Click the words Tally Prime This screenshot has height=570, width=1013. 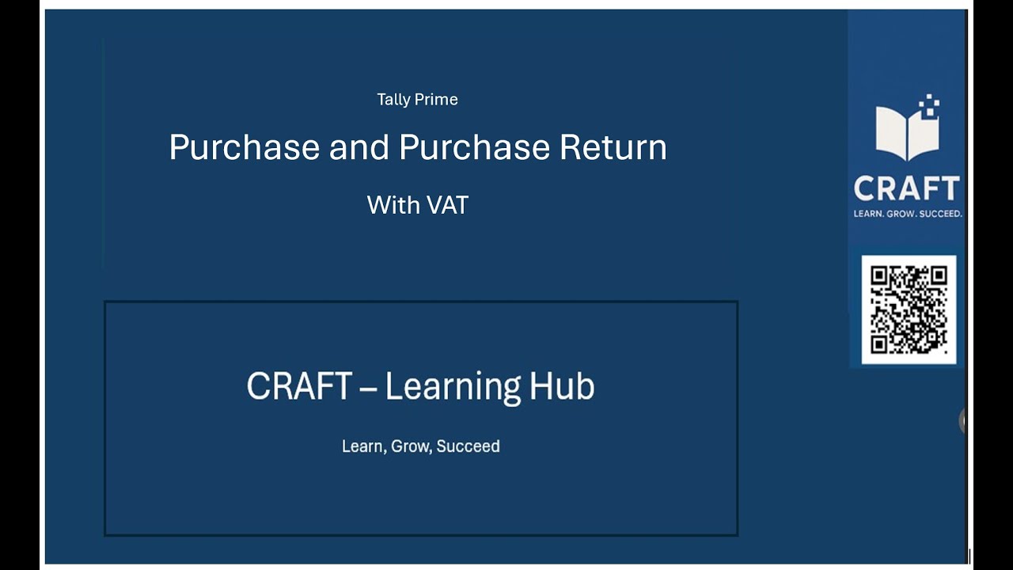(x=417, y=100)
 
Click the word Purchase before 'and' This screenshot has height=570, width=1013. (x=245, y=148)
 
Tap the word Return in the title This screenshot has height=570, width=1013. (x=613, y=148)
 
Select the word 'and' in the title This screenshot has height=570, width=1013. (x=359, y=148)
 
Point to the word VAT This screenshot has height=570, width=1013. (x=447, y=205)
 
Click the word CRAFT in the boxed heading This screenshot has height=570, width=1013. (x=299, y=386)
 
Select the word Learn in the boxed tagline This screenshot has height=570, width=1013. (x=362, y=446)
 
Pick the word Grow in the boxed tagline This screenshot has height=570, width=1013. (x=411, y=446)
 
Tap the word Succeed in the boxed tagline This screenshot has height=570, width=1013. (x=468, y=446)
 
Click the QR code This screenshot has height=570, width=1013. (x=909, y=310)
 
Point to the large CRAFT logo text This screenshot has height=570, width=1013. (x=907, y=188)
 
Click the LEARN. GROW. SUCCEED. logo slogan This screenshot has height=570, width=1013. (x=907, y=213)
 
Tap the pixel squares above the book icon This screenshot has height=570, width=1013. (x=931, y=104)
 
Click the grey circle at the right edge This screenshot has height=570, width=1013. (x=963, y=420)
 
